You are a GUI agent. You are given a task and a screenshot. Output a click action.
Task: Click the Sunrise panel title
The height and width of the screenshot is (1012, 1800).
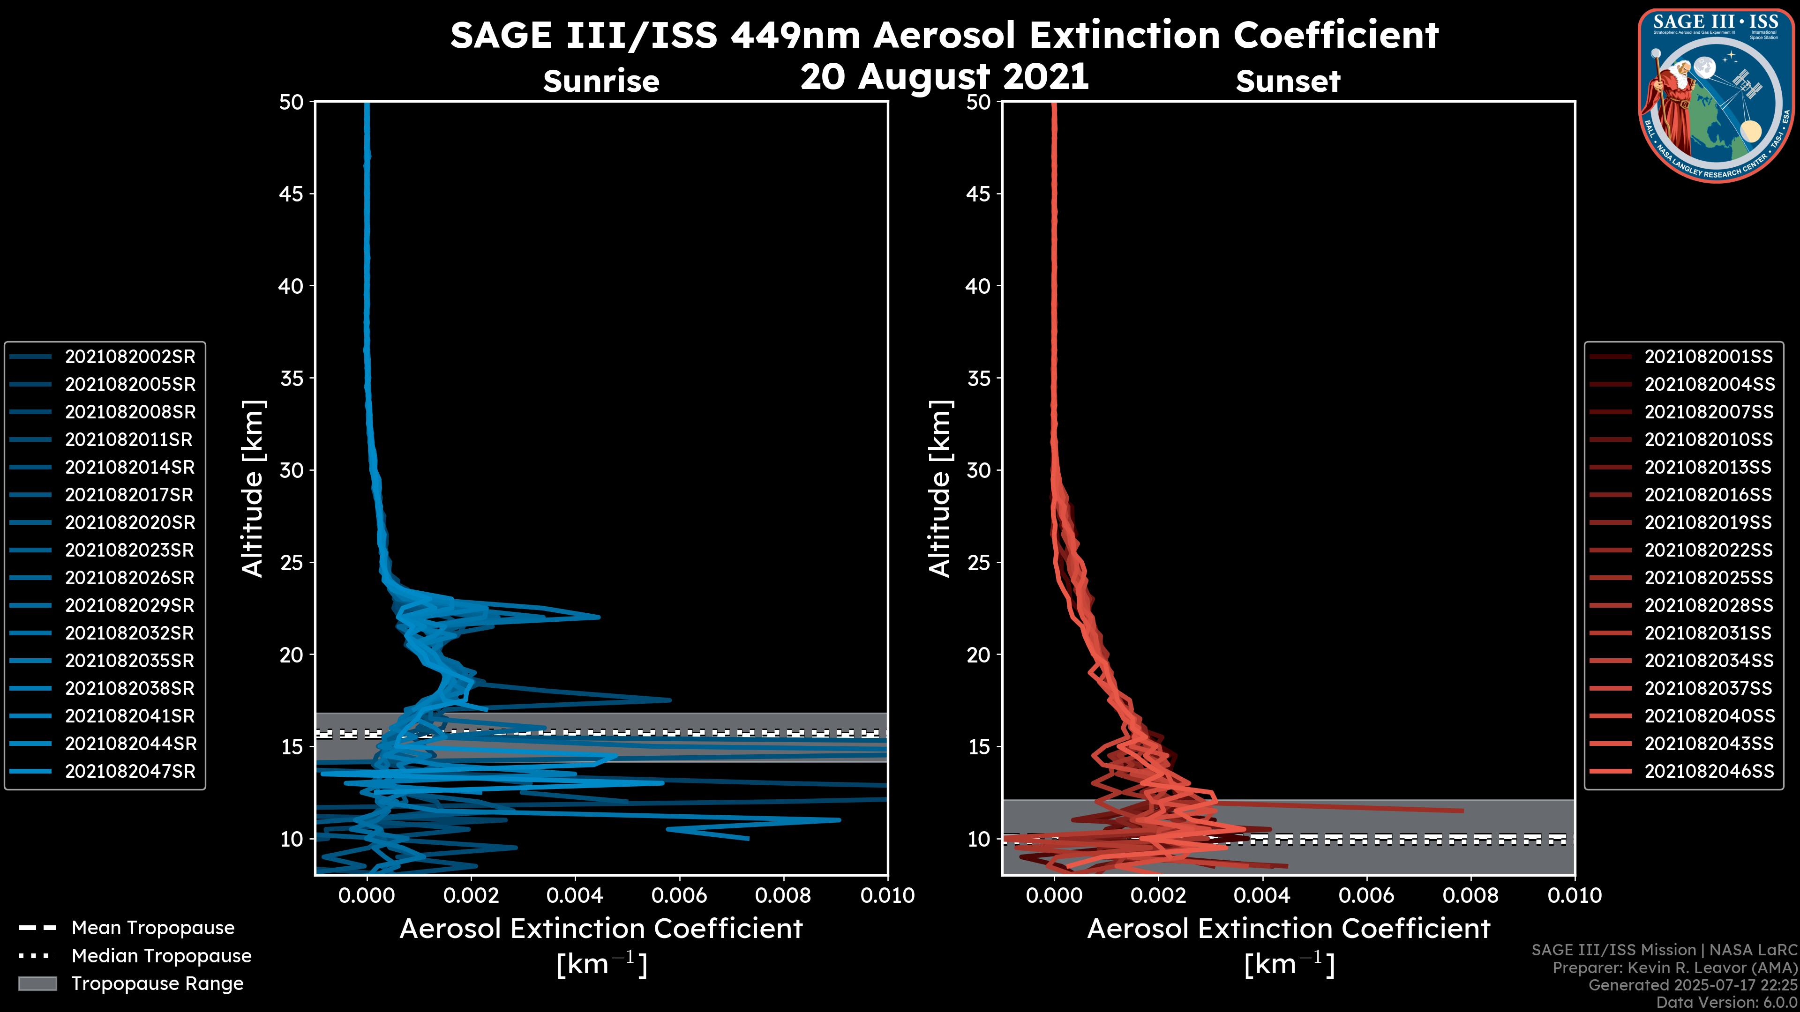tap(601, 81)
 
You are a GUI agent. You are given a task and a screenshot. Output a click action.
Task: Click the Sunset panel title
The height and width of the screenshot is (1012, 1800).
tap(1287, 81)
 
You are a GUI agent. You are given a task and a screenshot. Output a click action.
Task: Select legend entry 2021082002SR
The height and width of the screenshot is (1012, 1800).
tap(130, 357)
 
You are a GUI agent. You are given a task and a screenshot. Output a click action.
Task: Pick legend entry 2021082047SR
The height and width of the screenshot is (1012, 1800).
tap(130, 772)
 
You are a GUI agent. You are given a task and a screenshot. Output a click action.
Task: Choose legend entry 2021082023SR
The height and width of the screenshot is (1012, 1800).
tap(129, 551)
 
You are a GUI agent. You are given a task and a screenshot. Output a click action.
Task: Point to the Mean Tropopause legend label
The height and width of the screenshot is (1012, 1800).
tap(153, 928)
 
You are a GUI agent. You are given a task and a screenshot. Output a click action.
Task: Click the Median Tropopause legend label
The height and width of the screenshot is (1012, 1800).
tap(161, 956)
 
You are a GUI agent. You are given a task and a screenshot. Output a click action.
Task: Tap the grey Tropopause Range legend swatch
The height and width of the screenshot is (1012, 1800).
tap(37, 984)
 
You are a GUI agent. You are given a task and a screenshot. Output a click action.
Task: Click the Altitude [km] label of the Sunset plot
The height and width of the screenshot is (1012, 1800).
tap(940, 489)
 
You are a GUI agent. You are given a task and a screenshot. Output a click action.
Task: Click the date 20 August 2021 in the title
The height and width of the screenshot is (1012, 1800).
tap(944, 77)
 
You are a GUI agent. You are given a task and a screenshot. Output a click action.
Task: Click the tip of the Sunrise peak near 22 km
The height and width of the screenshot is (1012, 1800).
tap(598, 617)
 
